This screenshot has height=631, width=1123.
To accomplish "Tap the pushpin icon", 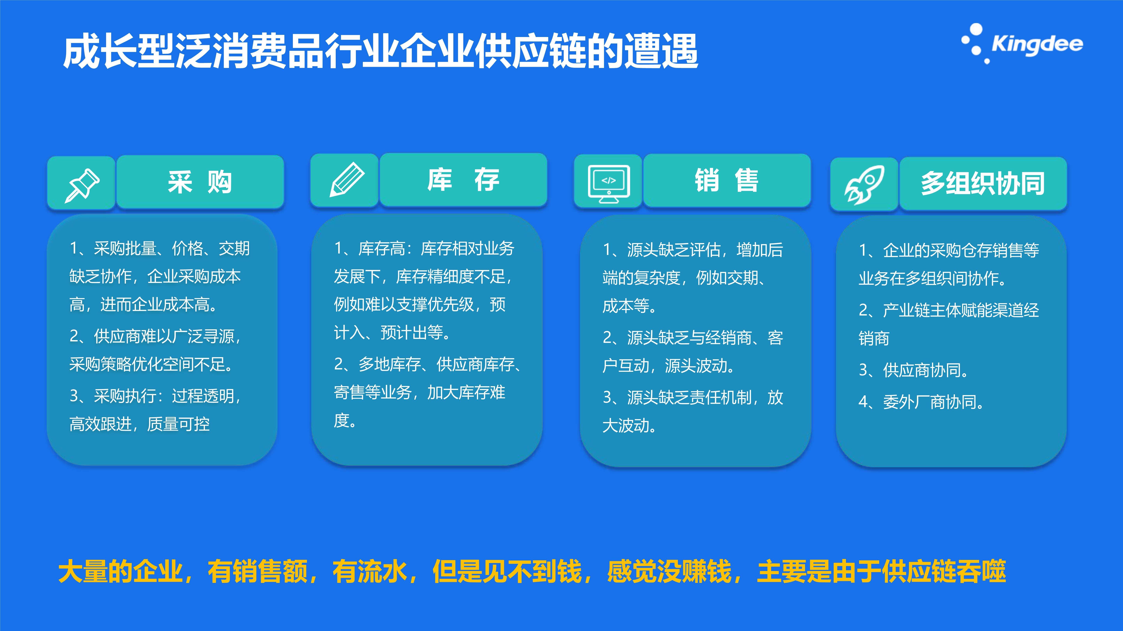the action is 81,185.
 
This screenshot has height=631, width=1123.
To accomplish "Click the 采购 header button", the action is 200,182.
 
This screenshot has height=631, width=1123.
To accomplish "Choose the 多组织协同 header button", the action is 983,183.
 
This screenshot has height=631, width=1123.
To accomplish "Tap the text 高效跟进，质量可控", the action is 140,424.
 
